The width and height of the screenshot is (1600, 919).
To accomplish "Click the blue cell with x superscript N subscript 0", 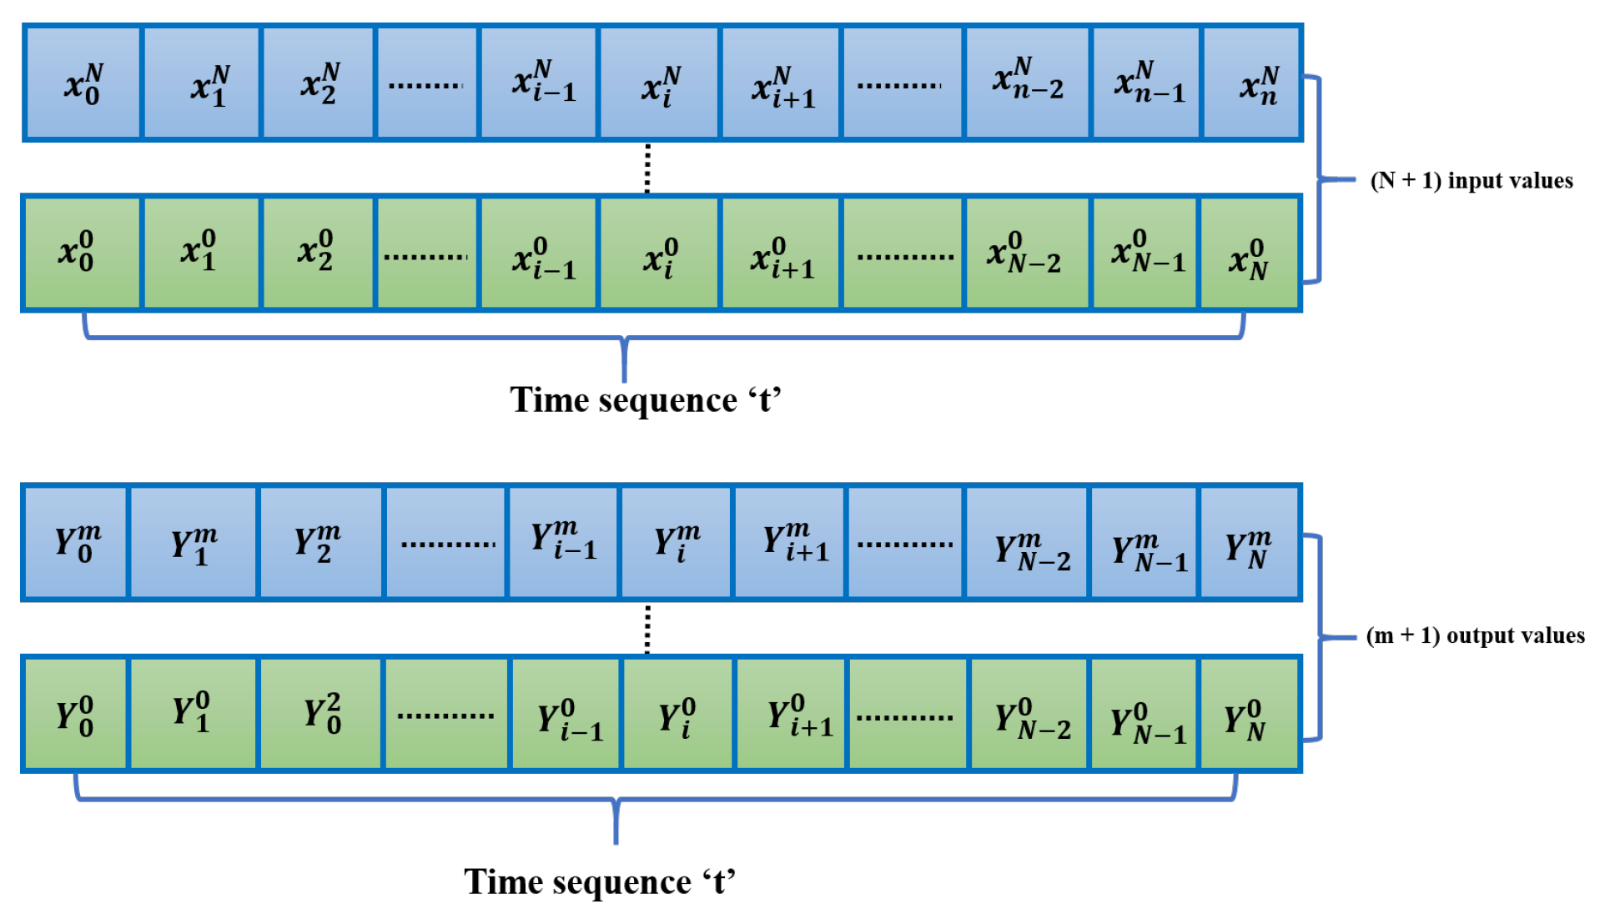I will click(83, 83).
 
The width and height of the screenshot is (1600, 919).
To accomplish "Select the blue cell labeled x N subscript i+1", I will click(782, 83).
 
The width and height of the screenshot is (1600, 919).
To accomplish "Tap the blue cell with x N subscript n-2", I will click(1027, 83).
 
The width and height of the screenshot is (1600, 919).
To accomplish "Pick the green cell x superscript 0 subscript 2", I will click(317, 253).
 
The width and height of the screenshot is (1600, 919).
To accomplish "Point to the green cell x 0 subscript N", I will click(1249, 253).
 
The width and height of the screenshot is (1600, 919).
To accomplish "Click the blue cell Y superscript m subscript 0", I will click(76, 543).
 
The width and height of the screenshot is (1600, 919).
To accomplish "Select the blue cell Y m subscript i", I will click(676, 543).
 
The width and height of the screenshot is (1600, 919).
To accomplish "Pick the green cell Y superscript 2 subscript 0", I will click(321, 714).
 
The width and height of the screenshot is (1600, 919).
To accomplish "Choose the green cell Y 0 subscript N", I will click(1249, 714).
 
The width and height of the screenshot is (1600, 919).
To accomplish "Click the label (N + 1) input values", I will click(1472, 181).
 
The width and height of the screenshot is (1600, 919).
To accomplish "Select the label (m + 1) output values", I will click(1475, 635).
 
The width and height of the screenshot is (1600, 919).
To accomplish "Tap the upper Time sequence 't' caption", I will click(646, 400).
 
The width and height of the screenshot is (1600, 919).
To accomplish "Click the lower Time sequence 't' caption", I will click(600, 882).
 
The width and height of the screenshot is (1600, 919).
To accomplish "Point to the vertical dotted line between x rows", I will click(647, 168).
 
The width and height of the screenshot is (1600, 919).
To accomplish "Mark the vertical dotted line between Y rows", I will click(647, 629).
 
